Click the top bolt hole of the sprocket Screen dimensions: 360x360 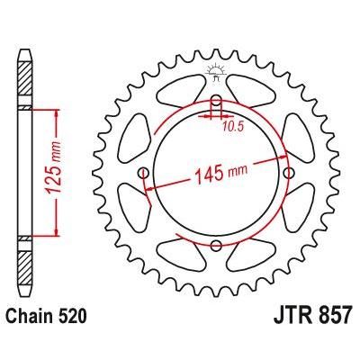pos(216,101)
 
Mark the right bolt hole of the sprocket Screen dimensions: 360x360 pos(288,173)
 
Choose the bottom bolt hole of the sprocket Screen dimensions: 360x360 pos(216,245)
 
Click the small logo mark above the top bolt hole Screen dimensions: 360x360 pos(216,72)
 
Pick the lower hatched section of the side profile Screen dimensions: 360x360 pos(26,261)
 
